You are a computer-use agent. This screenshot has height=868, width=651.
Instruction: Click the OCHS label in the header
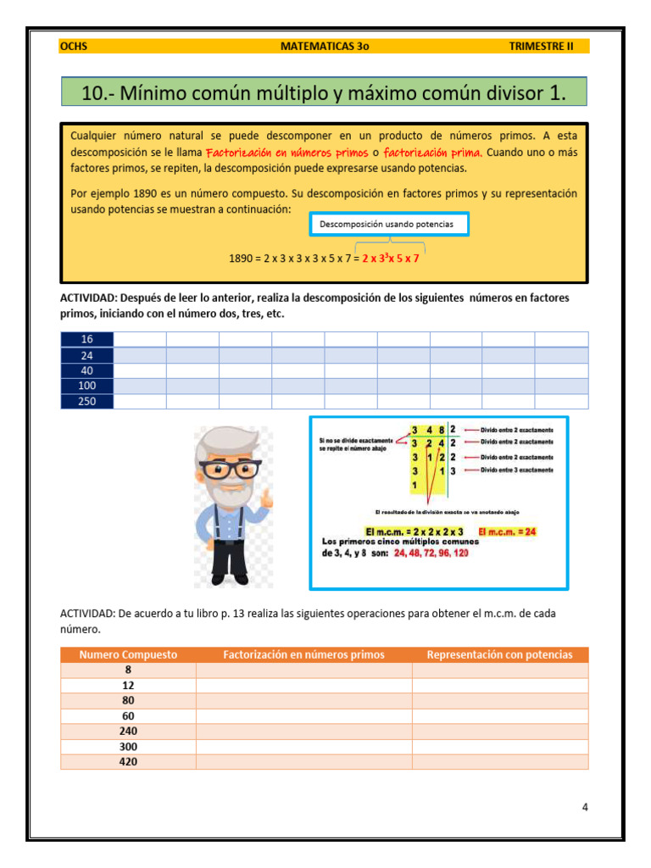point(73,47)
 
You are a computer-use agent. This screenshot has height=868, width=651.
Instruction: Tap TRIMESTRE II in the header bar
point(541,47)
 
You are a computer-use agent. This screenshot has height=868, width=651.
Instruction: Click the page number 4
point(585,807)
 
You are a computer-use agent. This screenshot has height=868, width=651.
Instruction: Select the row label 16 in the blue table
point(86,339)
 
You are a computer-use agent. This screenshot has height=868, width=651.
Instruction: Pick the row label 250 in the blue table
point(86,401)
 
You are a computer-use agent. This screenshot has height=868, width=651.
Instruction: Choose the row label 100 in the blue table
point(86,386)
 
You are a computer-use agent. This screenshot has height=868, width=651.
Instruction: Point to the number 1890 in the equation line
point(241,259)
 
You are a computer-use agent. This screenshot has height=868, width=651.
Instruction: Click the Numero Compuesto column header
point(128,654)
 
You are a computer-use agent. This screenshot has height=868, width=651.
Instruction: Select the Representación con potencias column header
point(499,654)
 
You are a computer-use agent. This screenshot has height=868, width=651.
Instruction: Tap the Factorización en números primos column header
point(303,654)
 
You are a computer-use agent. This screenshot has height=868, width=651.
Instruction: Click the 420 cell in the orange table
point(128,762)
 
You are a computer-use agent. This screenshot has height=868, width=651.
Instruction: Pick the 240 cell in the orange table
point(128,731)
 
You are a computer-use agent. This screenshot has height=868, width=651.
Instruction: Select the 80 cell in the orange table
point(128,700)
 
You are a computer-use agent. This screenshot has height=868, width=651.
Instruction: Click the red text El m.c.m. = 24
point(509,531)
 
